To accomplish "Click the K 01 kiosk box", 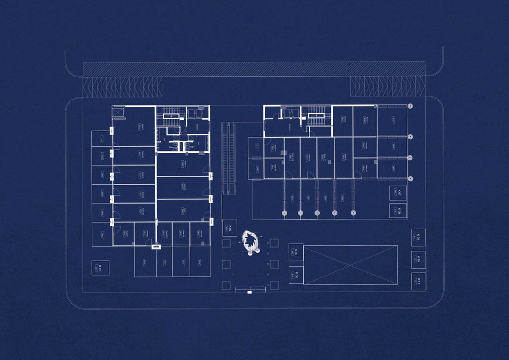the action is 100,268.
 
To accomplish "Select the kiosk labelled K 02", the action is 230,228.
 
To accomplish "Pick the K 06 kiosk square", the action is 296,275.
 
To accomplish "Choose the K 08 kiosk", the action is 398,210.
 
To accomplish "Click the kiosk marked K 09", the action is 418,237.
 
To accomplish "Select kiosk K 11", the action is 418,281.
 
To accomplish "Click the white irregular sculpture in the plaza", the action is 251,241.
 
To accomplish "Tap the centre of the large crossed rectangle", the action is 350,265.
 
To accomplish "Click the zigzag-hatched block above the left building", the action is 122,87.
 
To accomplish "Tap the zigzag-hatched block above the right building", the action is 388,86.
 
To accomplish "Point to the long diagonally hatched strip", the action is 254,69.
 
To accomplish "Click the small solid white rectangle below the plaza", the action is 249,292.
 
